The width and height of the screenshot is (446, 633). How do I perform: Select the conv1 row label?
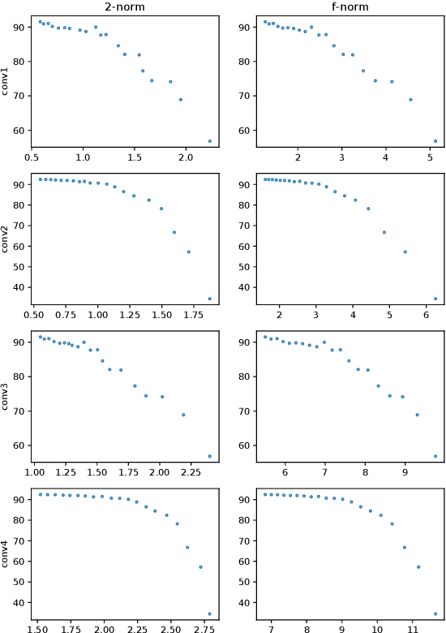(7, 80)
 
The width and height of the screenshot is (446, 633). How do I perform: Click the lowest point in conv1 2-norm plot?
(210, 141)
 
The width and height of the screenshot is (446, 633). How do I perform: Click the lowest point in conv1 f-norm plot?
(435, 141)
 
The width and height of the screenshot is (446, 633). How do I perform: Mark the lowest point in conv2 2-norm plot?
(210, 299)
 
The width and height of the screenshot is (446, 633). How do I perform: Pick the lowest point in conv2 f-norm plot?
(435, 299)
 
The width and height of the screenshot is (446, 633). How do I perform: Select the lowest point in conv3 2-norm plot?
(210, 456)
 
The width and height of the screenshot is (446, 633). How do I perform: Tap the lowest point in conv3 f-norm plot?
(435, 456)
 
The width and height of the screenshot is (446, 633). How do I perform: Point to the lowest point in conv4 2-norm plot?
(210, 614)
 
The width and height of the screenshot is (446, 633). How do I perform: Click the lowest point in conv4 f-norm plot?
(435, 614)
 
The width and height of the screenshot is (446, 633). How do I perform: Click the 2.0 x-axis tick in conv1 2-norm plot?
(185, 157)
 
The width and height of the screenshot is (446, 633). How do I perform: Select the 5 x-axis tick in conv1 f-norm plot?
(429, 157)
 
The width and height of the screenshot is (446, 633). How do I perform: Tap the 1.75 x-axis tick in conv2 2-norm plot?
(162, 315)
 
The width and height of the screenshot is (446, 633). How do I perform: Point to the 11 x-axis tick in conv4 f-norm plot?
(412, 629)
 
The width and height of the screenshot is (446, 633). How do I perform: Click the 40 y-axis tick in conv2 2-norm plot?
(19, 287)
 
